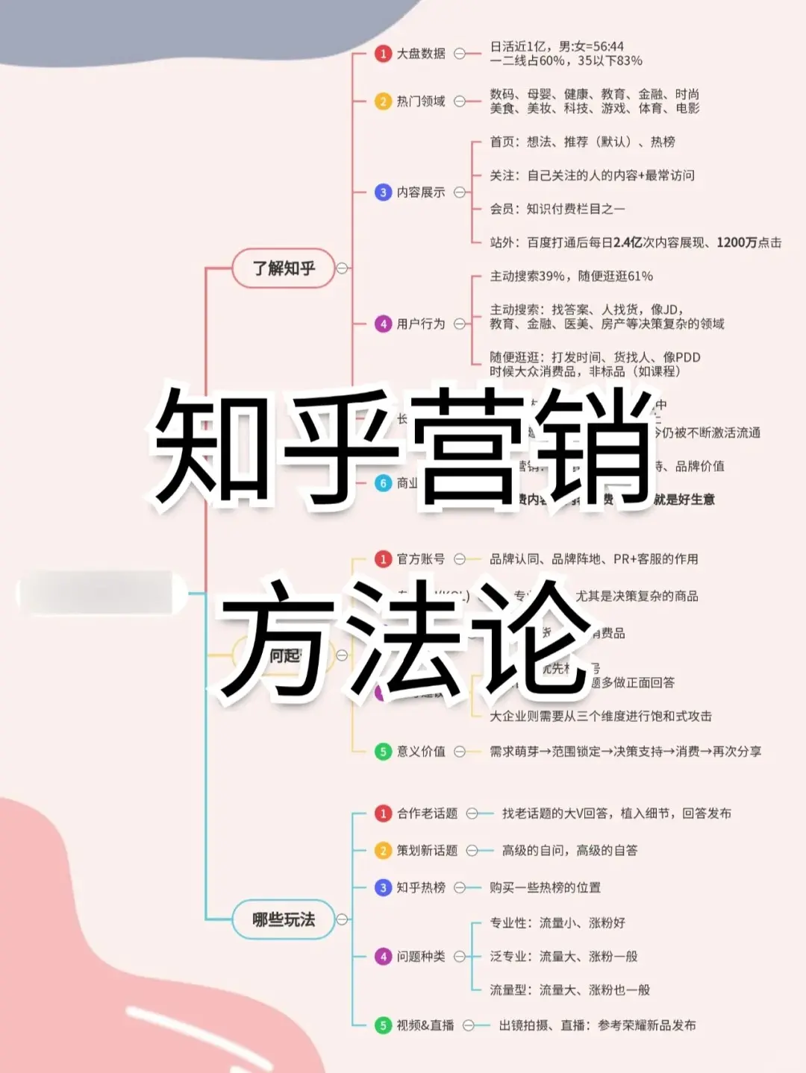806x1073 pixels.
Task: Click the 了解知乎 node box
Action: tap(283, 268)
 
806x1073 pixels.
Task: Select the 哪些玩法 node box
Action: tap(283, 919)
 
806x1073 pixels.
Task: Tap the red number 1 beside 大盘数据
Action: tap(383, 54)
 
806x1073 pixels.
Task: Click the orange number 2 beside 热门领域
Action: tap(383, 101)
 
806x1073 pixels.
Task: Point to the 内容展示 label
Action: tap(421, 192)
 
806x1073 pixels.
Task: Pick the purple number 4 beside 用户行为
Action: tap(383, 324)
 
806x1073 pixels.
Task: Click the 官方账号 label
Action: tap(421, 558)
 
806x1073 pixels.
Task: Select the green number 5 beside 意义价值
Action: tap(383, 751)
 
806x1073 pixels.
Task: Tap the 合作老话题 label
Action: tap(427, 814)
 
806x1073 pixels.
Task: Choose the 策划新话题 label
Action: tap(427, 850)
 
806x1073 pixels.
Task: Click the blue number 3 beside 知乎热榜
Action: tap(383, 887)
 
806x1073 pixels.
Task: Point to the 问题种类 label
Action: tap(421, 956)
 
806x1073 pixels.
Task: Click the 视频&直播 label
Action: tap(425, 1025)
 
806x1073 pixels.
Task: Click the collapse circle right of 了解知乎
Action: tap(343, 268)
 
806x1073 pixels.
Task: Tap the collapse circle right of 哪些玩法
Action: tap(343, 919)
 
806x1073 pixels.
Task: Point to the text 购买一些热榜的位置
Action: tap(545, 887)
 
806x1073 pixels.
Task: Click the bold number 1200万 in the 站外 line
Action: tap(737, 242)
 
